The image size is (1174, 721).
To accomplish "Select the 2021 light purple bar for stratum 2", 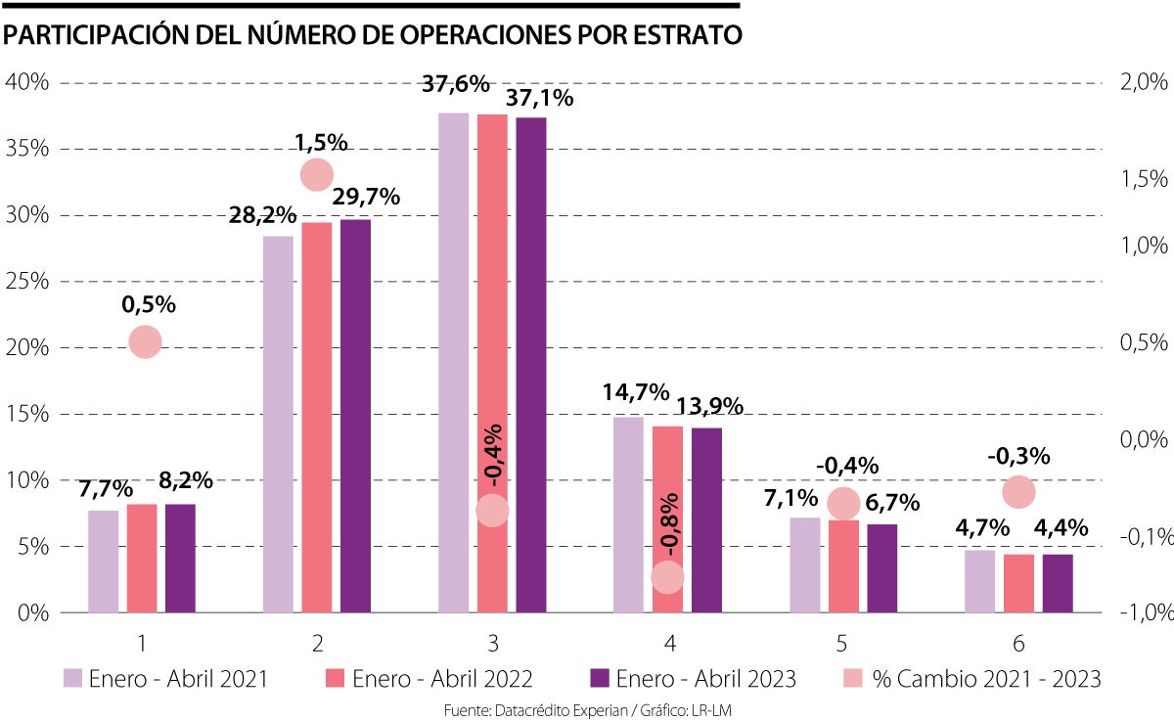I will [279, 425].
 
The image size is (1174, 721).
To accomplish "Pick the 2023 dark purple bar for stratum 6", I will [1058, 584].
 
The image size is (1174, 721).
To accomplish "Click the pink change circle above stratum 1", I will [144, 341].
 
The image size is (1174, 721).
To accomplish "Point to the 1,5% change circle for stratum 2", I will [316, 174].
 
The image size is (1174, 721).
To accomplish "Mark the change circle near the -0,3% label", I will [1018, 491].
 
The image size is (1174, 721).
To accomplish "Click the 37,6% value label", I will [455, 84].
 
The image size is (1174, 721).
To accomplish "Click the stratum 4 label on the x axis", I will [668, 643].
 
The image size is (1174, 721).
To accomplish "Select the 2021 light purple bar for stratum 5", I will [805, 564].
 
